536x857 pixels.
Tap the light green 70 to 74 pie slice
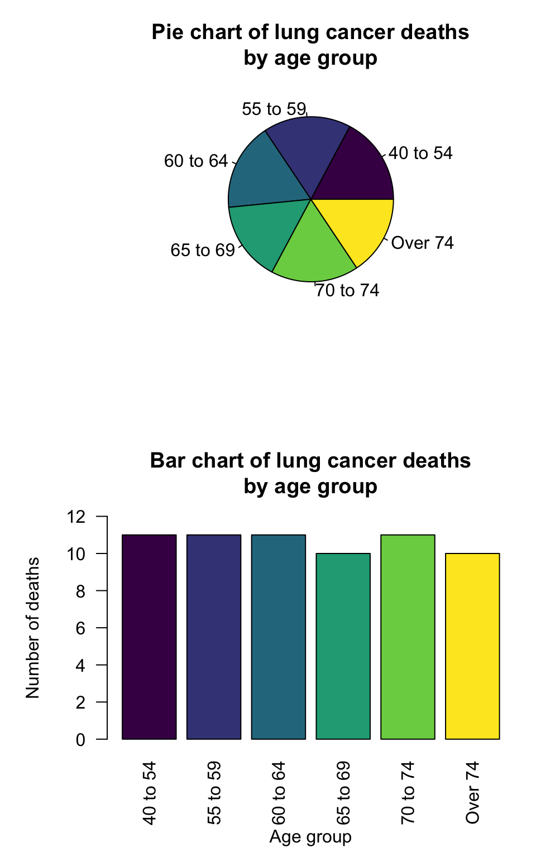[313, 251]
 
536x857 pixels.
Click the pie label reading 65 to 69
[203, 250]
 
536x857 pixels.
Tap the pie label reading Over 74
[423, 243]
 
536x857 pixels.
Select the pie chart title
[310, 45]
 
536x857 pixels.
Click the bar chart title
[310, 473]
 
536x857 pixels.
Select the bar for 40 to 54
[149, 637]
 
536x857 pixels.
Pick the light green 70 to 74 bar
[408, 637]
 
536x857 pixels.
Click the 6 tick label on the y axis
[81, 628]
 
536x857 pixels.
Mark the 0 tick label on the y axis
[81, 740]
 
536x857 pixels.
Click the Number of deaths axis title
[33, 628]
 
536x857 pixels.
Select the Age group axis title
[310, 837]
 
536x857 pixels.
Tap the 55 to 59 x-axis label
[214, 793]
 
